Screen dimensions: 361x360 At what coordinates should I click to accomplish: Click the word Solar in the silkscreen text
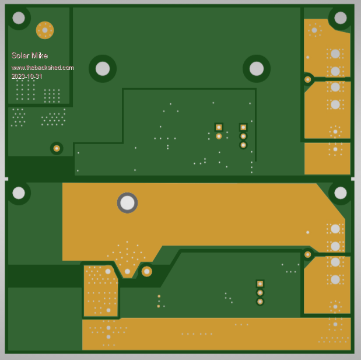[20, 55]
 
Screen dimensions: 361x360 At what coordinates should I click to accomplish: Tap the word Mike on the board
[40, 55]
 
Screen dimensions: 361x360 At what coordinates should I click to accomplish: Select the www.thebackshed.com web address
[43, 68]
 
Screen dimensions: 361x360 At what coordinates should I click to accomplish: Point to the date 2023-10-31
[27, 76]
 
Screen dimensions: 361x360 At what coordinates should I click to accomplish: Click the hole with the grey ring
[127, 203]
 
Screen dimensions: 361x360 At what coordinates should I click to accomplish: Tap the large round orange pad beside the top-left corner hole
[45, 30]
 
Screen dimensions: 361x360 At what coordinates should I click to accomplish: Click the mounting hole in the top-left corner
[19, 18]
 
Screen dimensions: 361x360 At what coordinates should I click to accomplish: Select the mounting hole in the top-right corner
[341, 18]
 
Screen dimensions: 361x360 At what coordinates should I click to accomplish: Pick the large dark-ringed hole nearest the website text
[103, 69]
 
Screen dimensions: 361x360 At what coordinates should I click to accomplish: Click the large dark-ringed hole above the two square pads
[257, 69]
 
